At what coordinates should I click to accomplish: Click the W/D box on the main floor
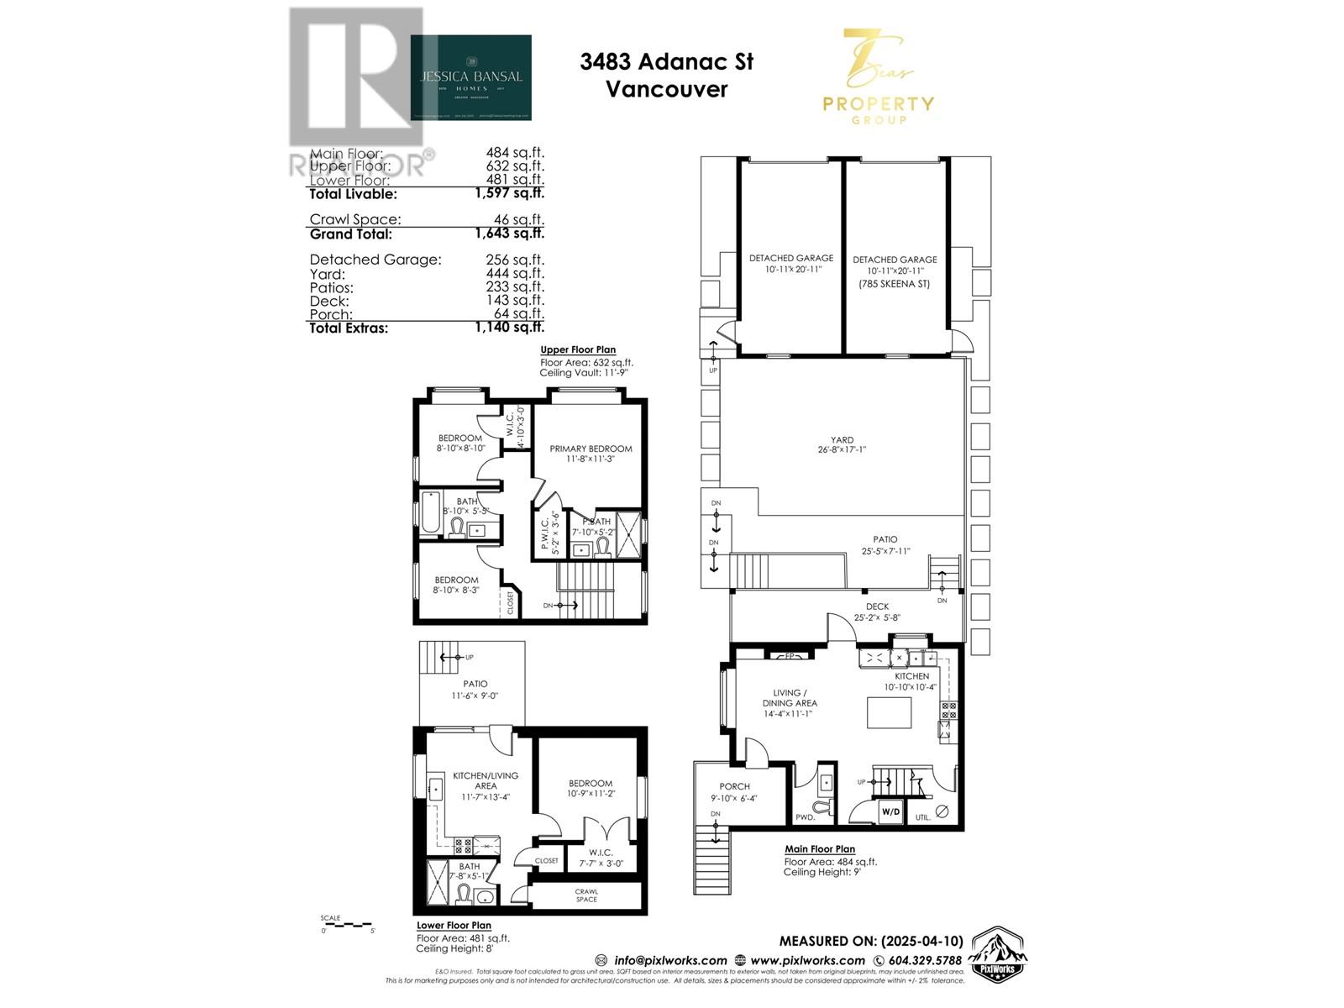pyautogui.click(x=890, y=812)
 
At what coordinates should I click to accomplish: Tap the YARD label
pyautogui.click(x=842, y=439)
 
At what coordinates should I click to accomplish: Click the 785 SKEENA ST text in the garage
pyautogui.click(x=895, y=284)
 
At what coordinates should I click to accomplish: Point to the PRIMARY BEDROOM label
pyautogui.click(x=591, y=449)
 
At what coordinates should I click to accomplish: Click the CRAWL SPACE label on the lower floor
pyautogui.click(x=586, y=895)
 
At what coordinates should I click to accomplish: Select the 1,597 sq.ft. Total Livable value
pyautogui.click(x=509, y=193)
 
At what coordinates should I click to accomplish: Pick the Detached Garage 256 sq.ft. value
pyautogui.click(x=515, y=260)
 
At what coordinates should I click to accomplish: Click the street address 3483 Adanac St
pyautogui.click(x=666, y=61)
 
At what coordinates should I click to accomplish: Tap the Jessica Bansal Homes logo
pyautogui.click(x=470, y=77)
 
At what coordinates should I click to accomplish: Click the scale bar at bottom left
pyautogui.click(x=347, y=925)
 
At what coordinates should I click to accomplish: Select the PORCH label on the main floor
pyautogui.click(x=734, y=786)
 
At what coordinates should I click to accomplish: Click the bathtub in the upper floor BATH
pyautogui.click(x=428, y=513)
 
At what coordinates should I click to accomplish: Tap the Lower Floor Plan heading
pyautogui.click(x=454, y=925)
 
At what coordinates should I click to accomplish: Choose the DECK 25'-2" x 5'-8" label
pyautogui.click(x=876, y=612)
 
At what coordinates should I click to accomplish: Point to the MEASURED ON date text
pyautogui.click(x=870, y=941)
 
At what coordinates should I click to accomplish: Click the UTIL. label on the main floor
pyautogui.click(x=922, y=816)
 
